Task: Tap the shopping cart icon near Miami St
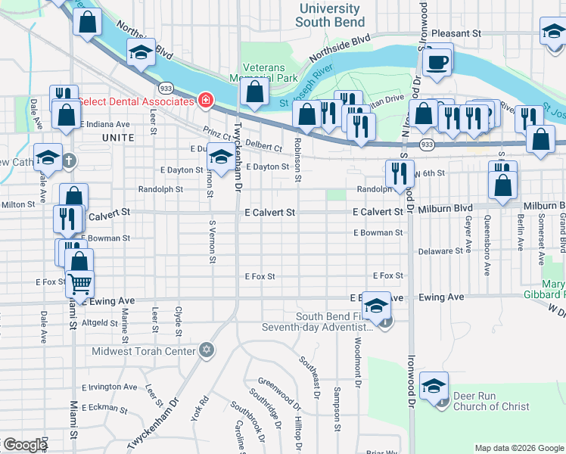click(x=79, y=285)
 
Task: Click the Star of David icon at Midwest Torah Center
click(x=206, y=350)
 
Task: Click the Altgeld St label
click(x=100, y=322)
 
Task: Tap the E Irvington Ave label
click(x=110, y=387)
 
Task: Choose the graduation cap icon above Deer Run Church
click(x=434, y=385)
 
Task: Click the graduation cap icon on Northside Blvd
click(x=140, y=52)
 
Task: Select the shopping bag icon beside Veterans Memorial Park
click(x=255, y=92)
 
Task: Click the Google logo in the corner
click(x=24, y=445)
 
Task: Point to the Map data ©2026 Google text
click(x=518, y=448)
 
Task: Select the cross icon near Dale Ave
click(x=69, y=160)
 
